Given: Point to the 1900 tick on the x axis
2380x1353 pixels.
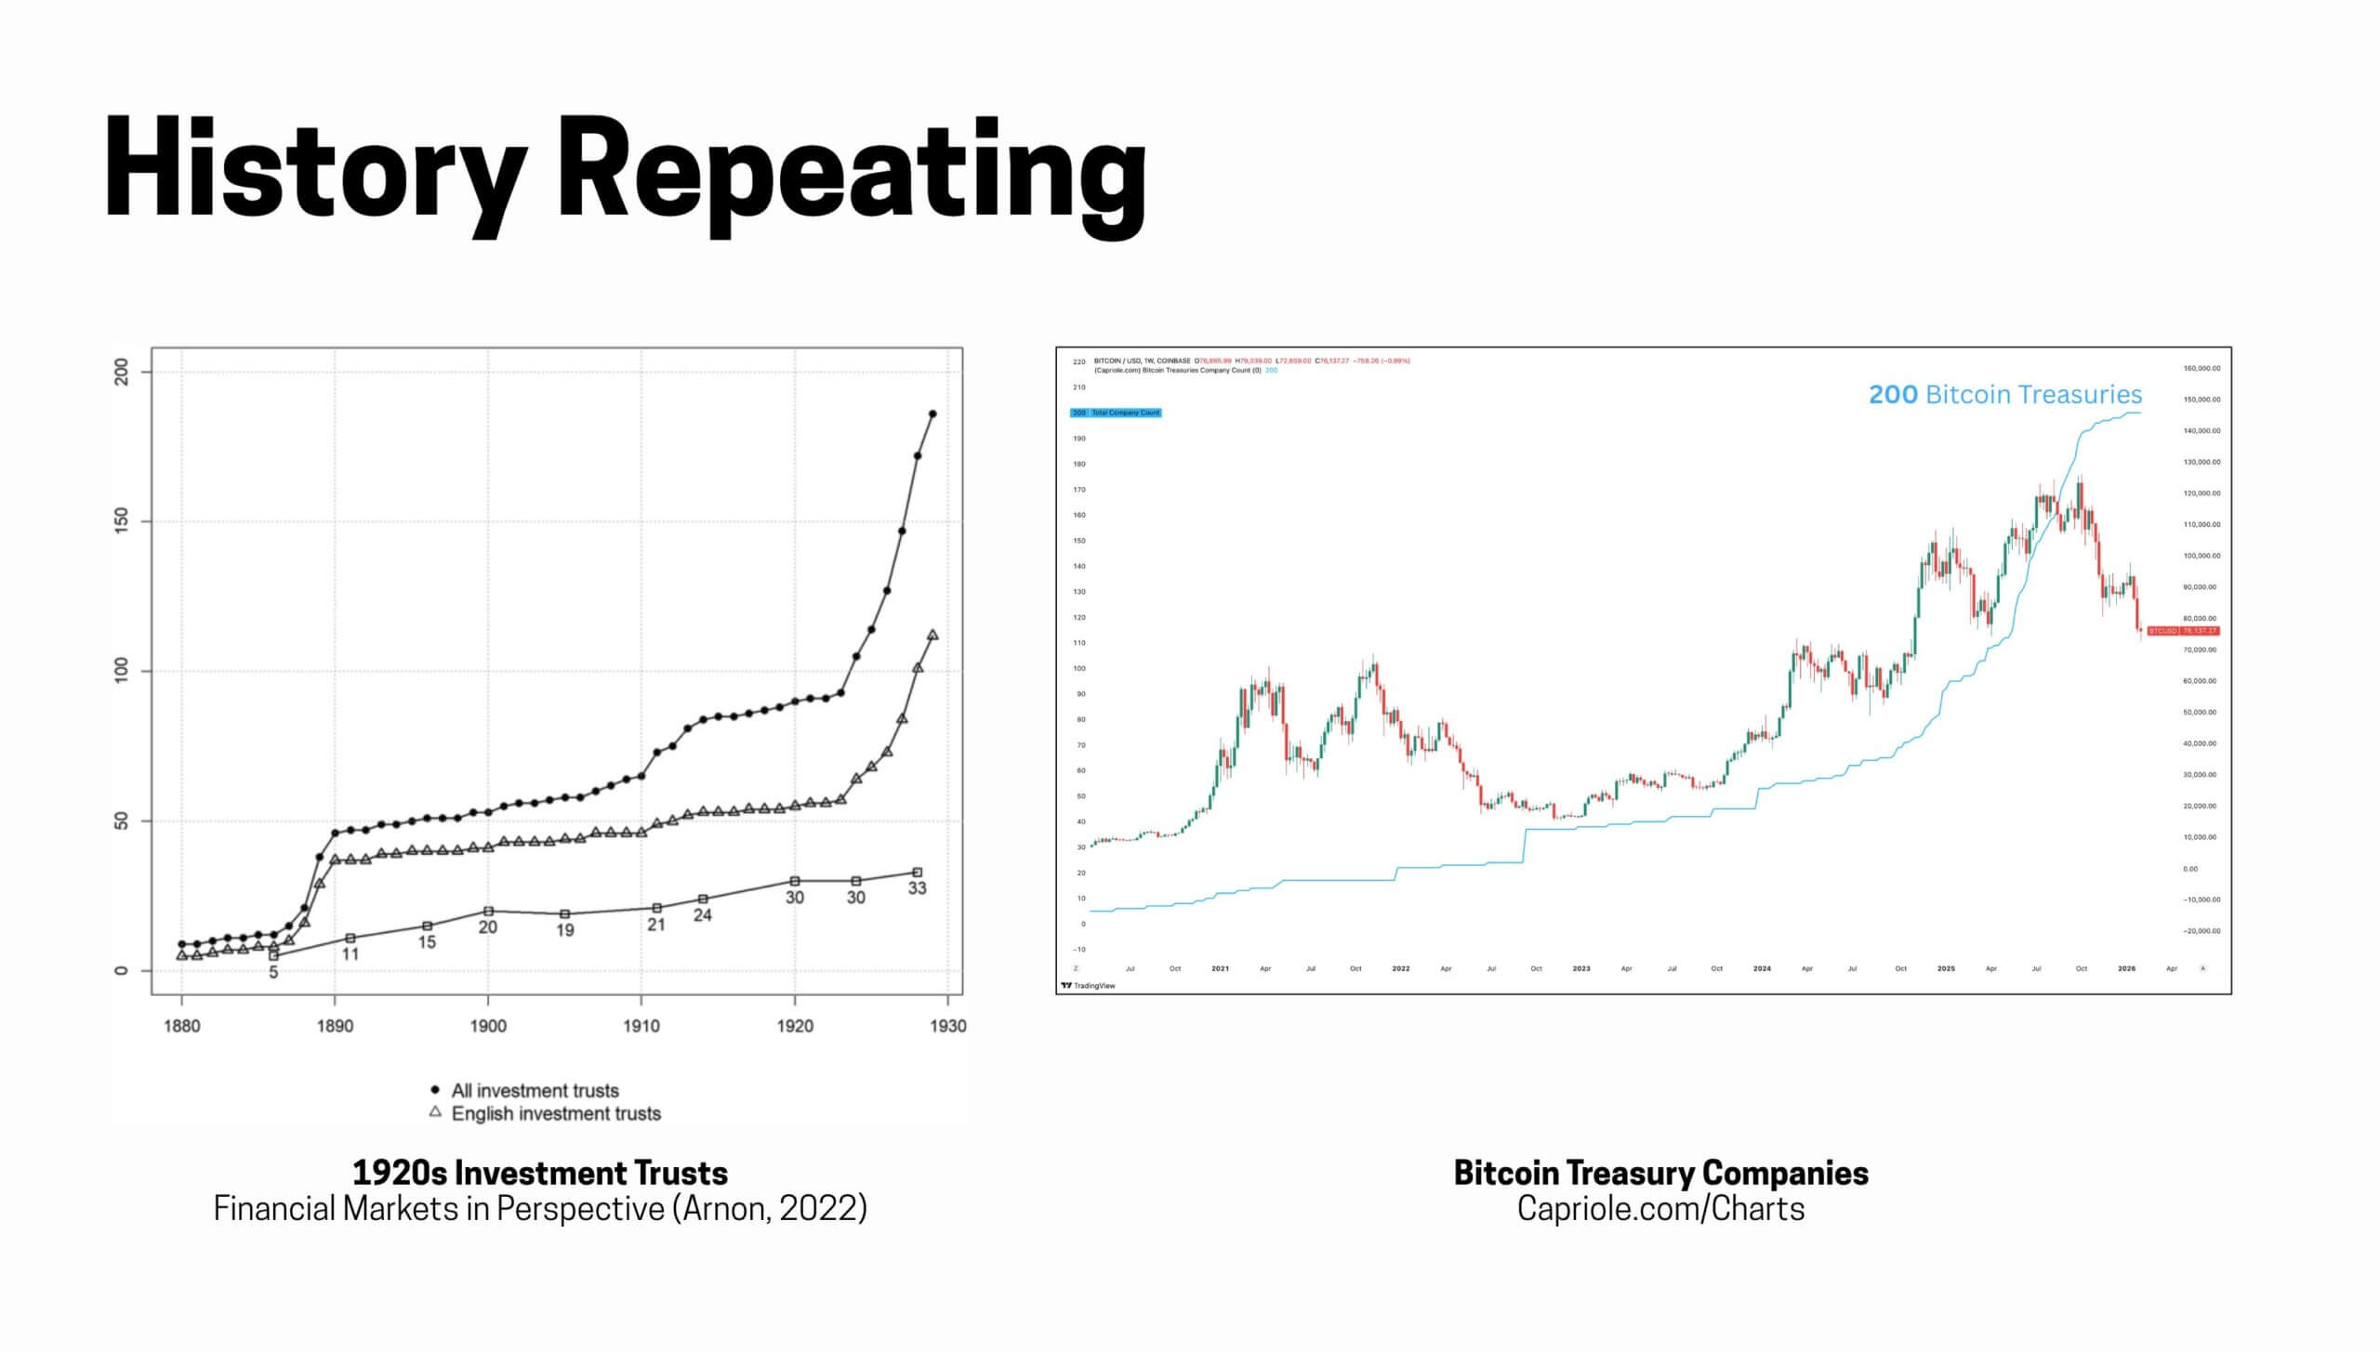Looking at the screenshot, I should [x=488, y=1026].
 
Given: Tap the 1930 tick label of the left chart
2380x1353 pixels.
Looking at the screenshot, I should [x=947, y=1026].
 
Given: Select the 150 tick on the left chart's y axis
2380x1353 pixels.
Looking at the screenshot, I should [x=122, y=521].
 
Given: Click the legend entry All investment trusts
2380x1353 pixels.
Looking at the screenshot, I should [x=535, y=1090].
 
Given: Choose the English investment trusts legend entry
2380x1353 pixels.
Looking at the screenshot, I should [x=555, y=1113].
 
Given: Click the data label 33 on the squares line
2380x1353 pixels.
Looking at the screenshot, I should [x=917, y=888].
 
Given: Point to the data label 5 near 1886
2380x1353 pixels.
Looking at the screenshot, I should [x=273, y=972].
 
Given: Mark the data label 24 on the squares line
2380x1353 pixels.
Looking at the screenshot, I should [x=703, y=915].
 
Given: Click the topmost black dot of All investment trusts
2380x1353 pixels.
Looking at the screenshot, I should [x=932, y=414].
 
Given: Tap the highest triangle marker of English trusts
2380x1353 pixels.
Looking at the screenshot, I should [x=932, y=635].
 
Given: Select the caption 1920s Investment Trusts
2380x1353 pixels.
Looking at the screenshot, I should [x=540, y=1173].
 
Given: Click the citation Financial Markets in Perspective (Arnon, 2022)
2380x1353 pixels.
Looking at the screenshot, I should [x=540, y=1208].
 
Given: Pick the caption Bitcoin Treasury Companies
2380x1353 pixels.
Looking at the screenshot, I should [x=1660, y=1173].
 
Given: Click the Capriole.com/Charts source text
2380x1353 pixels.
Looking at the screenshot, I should [x=1660, y=1208].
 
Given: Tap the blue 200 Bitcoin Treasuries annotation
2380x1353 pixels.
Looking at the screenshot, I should [x=2004, y=395].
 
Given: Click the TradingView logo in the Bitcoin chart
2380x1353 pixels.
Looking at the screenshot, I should [x=1088, y=985].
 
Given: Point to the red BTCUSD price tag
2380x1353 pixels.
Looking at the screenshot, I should [x=2183, y=631].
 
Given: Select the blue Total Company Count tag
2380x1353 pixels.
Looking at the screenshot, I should [x=1116, y=413].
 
